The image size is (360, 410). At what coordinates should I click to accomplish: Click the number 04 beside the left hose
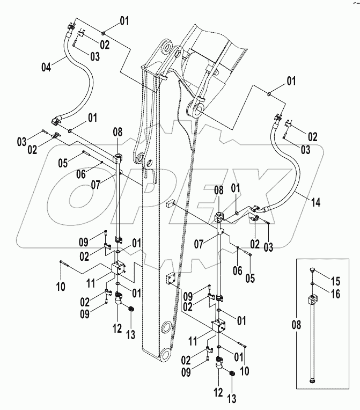pyautogui.click(x=47, y=67)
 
